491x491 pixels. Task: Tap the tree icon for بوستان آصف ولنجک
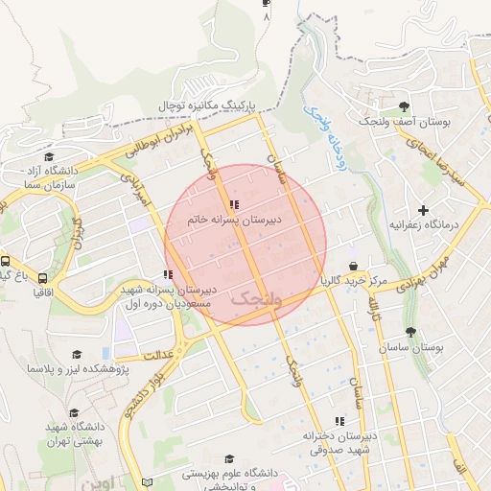(x=404, y=106)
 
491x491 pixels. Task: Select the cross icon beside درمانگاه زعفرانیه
(x=423, y=209)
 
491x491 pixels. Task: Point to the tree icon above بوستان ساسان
(x=410, y=332)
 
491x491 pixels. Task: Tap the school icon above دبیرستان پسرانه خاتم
(x=235, y=203)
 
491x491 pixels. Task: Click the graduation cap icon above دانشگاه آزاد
(x=49, y=157)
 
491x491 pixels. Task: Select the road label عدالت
(x=156, y=355)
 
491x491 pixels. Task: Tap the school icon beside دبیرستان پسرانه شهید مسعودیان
(x=170, y=275)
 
